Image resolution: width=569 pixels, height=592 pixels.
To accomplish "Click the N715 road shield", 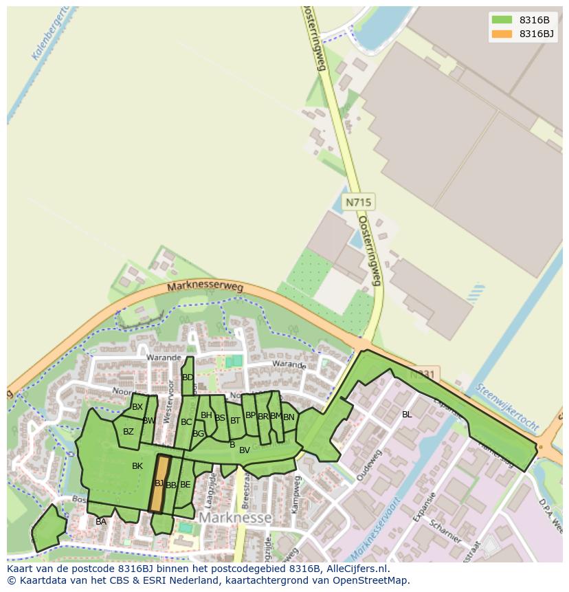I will (x=358, y=202).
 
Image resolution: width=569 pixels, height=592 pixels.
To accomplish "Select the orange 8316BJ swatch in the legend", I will (x=502, y=34).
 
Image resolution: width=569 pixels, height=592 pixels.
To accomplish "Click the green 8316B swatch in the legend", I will (x=502, y=19).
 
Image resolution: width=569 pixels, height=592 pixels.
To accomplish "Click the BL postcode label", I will (x=407, y=415).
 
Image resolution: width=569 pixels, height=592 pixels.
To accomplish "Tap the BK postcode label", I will (x=137, y=466).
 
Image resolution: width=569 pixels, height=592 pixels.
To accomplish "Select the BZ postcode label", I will (x=129, y=432).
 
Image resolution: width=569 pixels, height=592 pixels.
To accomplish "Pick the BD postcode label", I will (x=188, y=377).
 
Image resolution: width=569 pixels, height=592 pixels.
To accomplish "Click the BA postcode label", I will (x=101, y=522).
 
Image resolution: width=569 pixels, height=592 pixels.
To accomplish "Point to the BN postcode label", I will (x=289, y=417).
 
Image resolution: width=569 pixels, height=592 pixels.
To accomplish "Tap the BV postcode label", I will (x=245, y=450).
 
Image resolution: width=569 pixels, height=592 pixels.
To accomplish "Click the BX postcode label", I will (x=137, y=407).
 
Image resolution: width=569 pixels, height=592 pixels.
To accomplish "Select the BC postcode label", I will (x=186, y=422).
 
